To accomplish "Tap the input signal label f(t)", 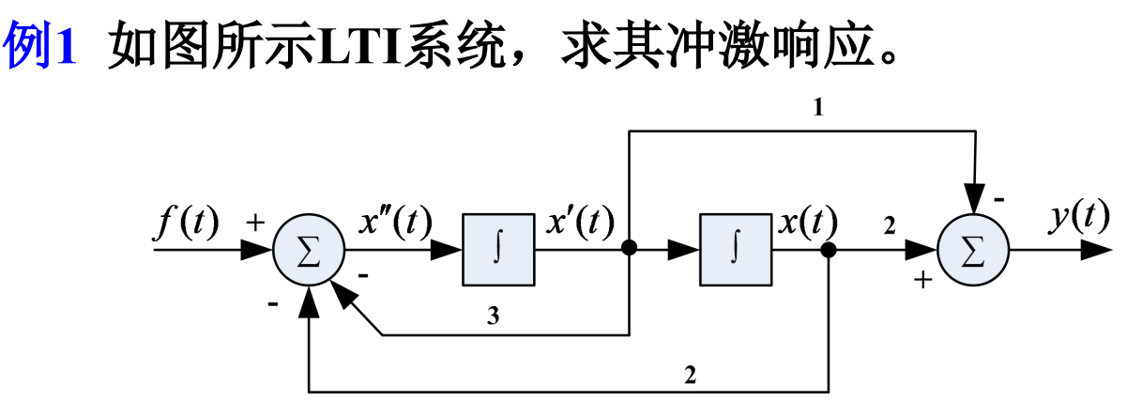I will pyautogui.click(x=187, y=223).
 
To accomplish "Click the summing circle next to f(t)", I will pyautogui.click(x=309, y=251).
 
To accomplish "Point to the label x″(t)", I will pyautogui.click(x=395, y=223).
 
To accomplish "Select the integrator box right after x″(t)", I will pyautogui.click(x=498, y=251).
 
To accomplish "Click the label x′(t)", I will pyautogui.click(x=579, y=223).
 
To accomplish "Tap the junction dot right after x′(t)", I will pyautogui.click(x=630, y=250).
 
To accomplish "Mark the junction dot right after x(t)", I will pyautogui.click(x=829, y=250).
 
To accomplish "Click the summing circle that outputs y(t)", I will pyautogui.click(x=973, y=251).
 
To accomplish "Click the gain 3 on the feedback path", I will pyautogui.click(x=493, y=317).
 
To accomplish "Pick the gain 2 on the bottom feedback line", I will pyautogui.click(x=691, y=376).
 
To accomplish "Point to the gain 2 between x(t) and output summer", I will pyautogui.click(x=889, y=226).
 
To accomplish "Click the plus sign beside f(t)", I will pyautogui.click(x=254, y=224).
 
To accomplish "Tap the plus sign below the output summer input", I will pyautogui.click(x=924, y=280).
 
